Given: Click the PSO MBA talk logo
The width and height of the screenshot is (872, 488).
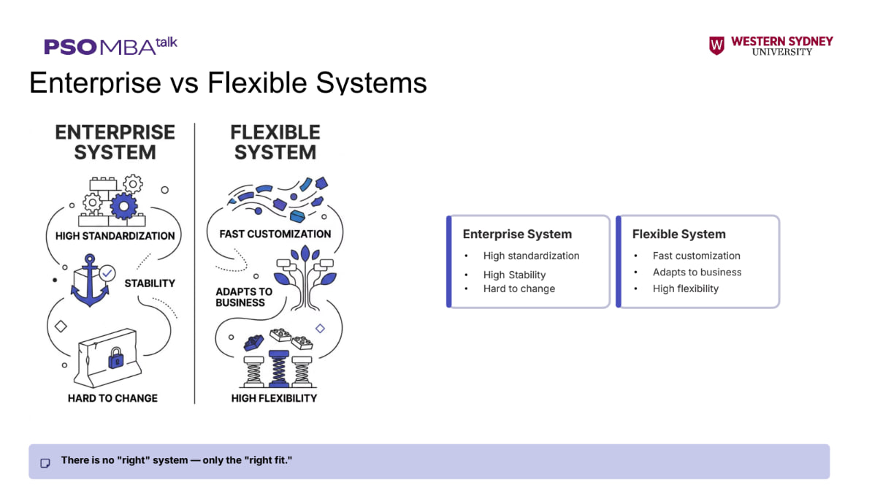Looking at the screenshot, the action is (x=111, y=46).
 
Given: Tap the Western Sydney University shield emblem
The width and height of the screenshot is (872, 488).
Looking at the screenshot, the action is (x=716, y=45).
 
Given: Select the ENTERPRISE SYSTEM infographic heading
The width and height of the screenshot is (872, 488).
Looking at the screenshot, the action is (x=115, y=142).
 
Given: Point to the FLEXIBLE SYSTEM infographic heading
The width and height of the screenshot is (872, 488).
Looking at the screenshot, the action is (x=275, y=142).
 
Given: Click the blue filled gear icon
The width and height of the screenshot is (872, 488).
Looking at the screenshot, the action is (x=123, y=206).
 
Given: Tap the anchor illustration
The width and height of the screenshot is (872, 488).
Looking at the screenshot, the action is (x=89, y=281).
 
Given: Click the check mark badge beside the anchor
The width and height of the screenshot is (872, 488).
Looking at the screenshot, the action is (x=107, y=273).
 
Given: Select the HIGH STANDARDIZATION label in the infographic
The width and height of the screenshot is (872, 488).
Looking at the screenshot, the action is (x=115, y=236).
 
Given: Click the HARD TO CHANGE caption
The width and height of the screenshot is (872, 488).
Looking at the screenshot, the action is (x=113, y=398).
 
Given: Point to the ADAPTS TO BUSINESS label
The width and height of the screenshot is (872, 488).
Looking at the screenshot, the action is (x=244, y=297).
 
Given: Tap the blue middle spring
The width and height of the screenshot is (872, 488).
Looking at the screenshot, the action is (x=279, y=368).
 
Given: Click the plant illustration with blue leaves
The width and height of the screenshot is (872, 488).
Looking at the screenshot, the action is (x=305, y=278).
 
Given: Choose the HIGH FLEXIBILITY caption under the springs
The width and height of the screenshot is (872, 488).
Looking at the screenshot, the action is (x=274, y=398).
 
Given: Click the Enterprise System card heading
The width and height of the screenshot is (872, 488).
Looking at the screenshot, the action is (x=517, y=235).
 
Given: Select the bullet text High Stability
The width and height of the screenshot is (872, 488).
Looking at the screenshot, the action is (x=514, y=275).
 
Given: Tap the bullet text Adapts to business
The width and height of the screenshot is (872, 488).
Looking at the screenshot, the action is (x=697, y=272).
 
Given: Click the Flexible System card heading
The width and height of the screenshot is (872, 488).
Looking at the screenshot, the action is (x=679, y=235).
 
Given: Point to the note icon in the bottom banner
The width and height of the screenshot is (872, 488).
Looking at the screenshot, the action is (x=45, y=463).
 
